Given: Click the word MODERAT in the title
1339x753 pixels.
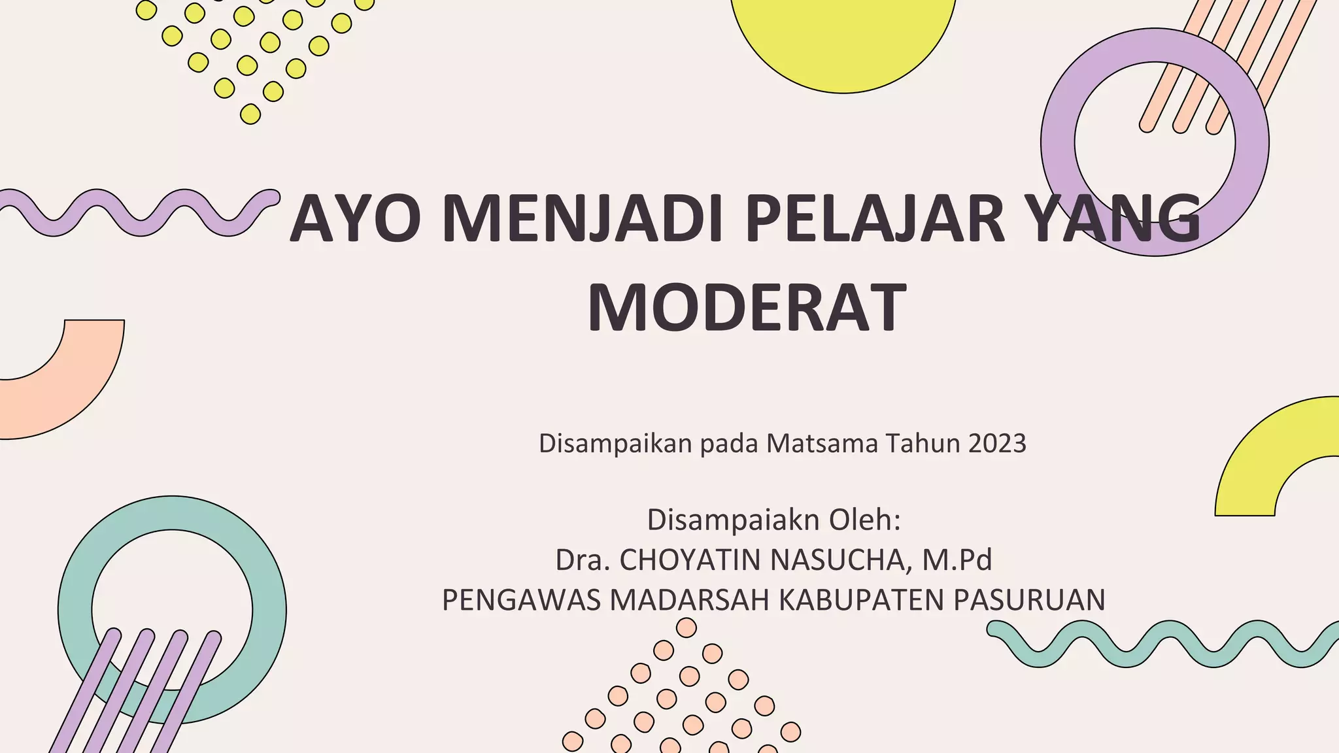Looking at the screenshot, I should click(x=747, y=308).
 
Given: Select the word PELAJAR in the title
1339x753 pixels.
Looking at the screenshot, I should click(x=875, y=218).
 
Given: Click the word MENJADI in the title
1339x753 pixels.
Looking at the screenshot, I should click(x=582, y=218).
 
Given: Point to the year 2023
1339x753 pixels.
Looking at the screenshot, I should click(x=997, y=444).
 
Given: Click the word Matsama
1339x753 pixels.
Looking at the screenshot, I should click(x=822, y=444).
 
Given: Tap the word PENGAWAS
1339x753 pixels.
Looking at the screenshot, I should click(x=521, y=600).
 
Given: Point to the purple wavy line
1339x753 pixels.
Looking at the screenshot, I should click(x=141, y=213).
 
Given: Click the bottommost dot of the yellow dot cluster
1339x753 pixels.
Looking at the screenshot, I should click(x=250, y=114).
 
